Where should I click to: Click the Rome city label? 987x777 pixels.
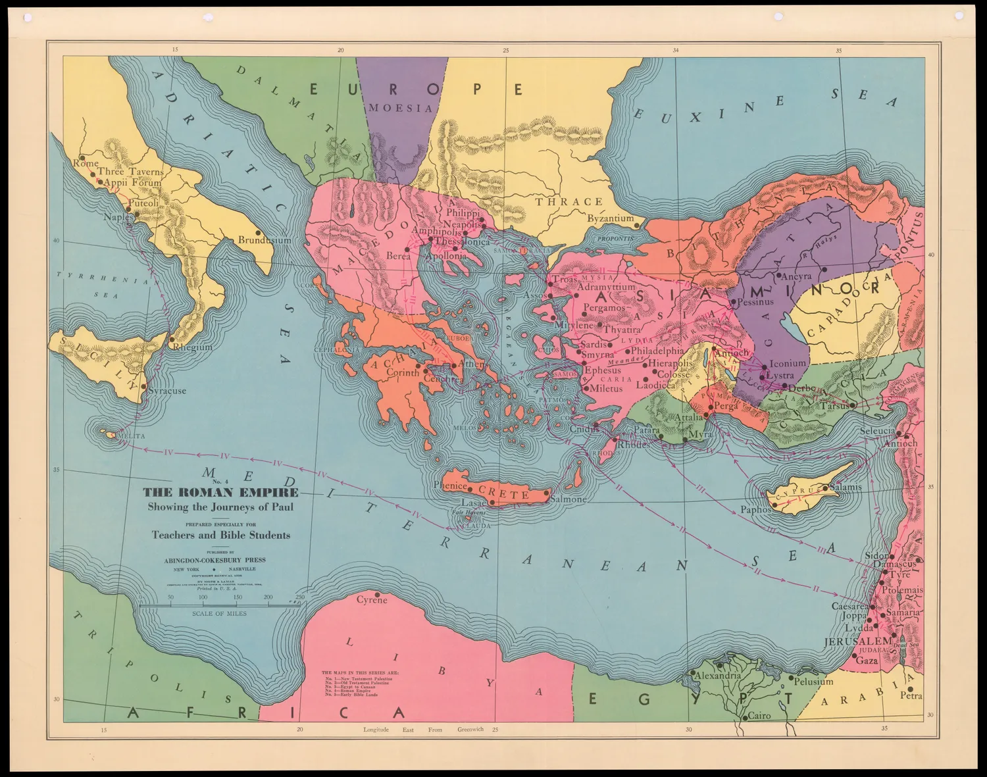86,163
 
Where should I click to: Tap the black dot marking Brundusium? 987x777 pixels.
259,233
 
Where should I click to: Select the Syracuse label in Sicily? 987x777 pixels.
167,391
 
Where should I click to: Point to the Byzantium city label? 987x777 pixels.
611,218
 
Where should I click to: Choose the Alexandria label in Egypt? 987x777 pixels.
718,676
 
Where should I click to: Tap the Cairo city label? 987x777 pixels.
759,716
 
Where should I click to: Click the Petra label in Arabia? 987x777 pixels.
911,695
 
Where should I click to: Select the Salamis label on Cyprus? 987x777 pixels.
846,488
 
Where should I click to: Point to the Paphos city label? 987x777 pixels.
755,510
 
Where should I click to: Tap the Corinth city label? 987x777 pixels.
402,372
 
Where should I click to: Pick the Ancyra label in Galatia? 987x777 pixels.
796,276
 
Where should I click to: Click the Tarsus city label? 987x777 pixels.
834,407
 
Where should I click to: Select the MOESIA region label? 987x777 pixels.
401,108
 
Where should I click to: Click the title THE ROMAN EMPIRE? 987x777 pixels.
220,493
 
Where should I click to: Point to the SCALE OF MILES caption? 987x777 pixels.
219,613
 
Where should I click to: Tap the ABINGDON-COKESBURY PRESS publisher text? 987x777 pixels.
215,560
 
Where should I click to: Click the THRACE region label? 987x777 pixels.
569,202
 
